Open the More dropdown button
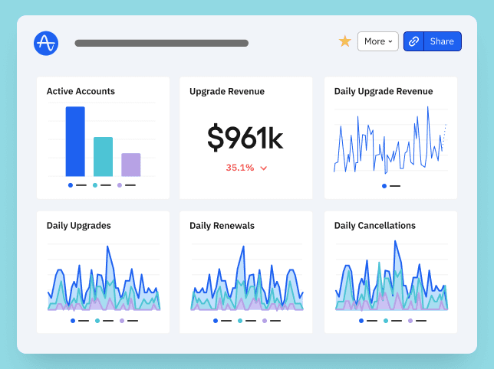point(378,41)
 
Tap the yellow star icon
point(345,41)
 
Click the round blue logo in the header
point(46,43)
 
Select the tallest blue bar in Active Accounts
point(75,141)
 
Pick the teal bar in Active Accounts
point(103,156)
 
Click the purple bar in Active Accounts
point(131,165)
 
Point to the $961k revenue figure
point(245,138)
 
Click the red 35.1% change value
point(240,168)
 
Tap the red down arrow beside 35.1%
point(264,168)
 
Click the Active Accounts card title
point(81,91)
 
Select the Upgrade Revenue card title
point(227,91)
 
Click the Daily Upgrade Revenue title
point(384,91)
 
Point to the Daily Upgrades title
point(78,226)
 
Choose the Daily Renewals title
point(222,226)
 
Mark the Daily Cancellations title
point(375,226)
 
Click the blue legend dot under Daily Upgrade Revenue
point(384,185)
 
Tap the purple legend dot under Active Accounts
point(120,185)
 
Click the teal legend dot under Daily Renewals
point(239,321)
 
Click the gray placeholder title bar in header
point(161,44)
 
